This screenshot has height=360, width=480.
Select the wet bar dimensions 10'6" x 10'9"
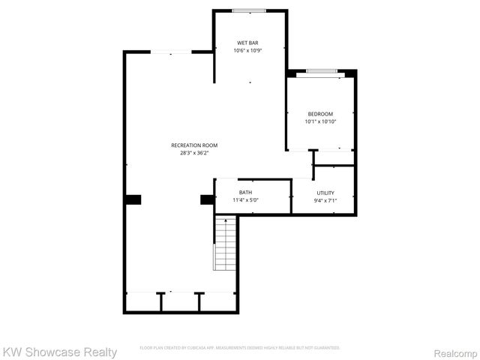(249, 51)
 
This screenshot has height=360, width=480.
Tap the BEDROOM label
(320, 114)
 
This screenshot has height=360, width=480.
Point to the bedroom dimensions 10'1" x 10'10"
(320, 121)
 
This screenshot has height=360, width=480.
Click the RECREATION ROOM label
(194, 145)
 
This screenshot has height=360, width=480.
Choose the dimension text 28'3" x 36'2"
(194, 152)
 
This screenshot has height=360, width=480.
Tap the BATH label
(245, 193)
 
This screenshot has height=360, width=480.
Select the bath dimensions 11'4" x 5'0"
(245, 200)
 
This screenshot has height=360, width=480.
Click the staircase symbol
(224, 244)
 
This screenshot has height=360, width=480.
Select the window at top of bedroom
(320, 71)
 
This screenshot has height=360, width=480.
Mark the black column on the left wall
(133, 199)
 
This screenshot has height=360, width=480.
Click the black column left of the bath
(207, 199)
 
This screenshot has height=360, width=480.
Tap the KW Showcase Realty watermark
(59, 352)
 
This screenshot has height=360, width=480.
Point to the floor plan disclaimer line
(240, 348)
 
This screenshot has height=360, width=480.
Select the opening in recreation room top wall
(172, 52)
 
